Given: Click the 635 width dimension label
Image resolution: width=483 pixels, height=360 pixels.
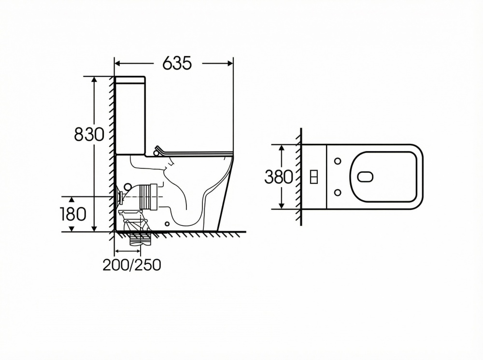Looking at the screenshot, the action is point(177,63).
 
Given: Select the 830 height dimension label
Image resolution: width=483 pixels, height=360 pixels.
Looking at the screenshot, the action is point(89,134).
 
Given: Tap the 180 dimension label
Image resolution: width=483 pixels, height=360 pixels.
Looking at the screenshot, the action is point(73,214).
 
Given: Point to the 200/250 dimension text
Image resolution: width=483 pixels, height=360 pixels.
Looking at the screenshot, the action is point(132,264).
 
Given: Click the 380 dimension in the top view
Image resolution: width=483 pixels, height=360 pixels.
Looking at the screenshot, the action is point(279,177).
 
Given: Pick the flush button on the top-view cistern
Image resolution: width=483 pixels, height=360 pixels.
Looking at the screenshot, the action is point(313,177).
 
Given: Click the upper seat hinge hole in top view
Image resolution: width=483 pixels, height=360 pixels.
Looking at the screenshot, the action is point(338,161).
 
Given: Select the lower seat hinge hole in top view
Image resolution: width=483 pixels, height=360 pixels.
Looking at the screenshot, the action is point(338,193).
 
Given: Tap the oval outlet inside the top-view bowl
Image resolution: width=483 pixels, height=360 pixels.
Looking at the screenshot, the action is point(365,177).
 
